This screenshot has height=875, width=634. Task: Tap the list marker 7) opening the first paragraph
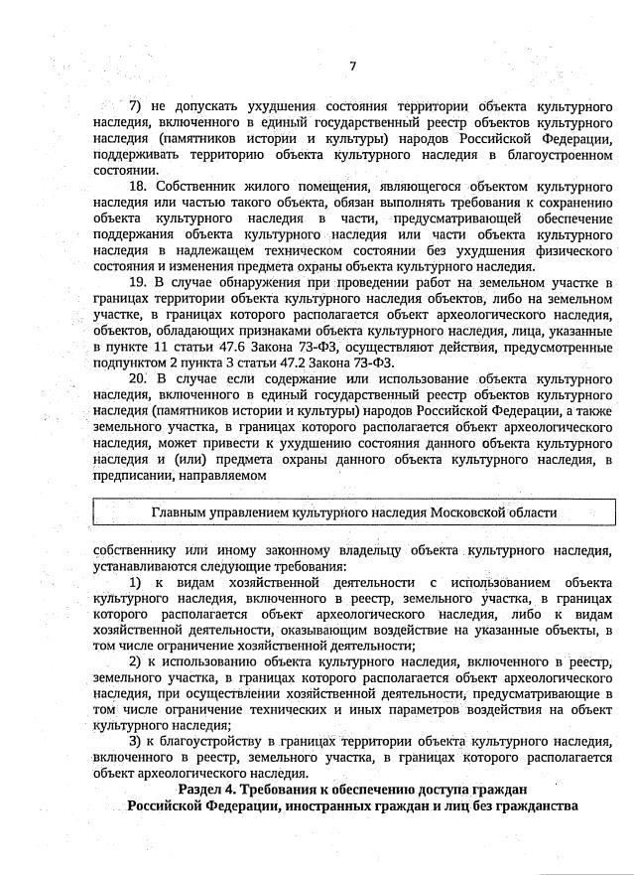pyautogui.click(x=135, y=106)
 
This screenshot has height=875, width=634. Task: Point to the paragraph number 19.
pyautogui.click(x=139, y=283)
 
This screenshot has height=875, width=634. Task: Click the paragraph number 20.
pyautogui.click(x=139, y=379)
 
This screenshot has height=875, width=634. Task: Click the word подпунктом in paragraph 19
pyautogui.click(x=130, y=364)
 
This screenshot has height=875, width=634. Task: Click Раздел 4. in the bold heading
pyautogui.click(x=207, y=790)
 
